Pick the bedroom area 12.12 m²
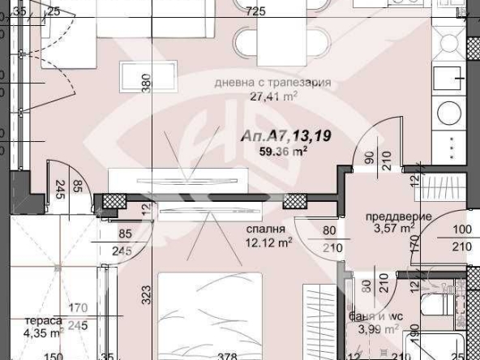click(x=269, y=242)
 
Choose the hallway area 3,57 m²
click(x=392, y=229)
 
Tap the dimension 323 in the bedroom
click(x=147, y=294)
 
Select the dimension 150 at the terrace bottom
click(x=53, y=354)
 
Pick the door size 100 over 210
click(x=461, y=238)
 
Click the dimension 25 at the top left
click(x=54, y=11)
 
